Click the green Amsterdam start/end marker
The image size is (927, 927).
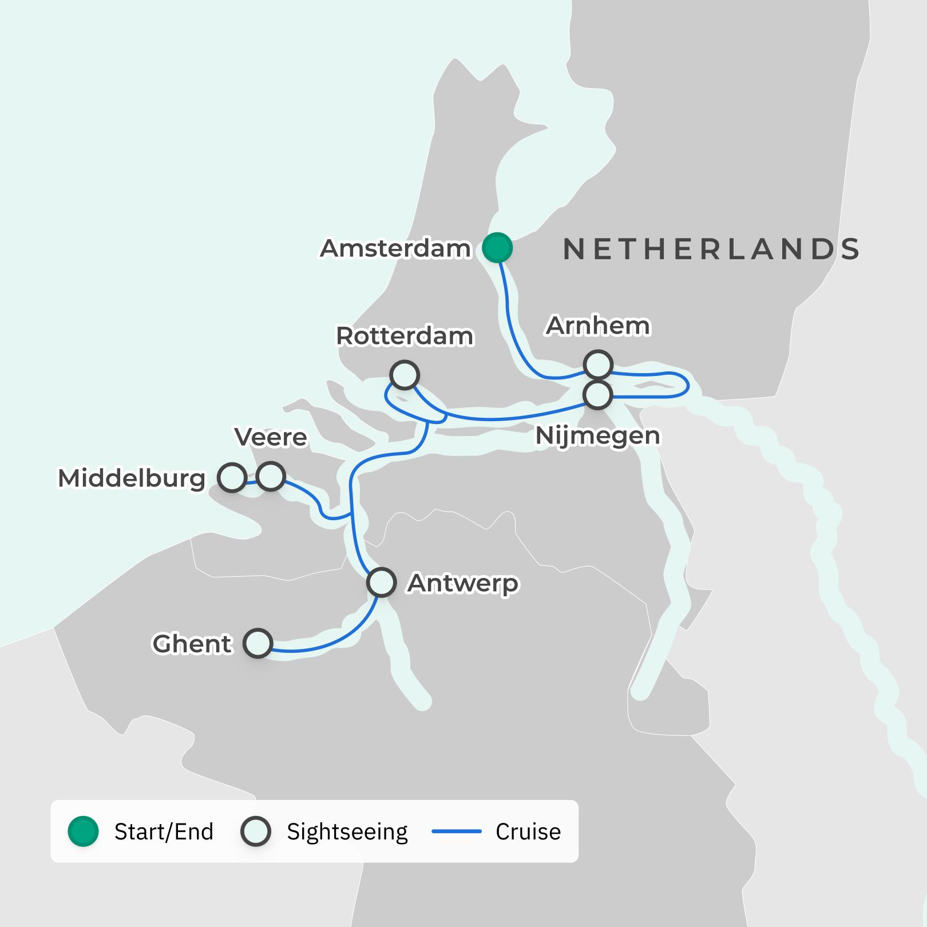point(497,248)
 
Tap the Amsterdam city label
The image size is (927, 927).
point(395,248)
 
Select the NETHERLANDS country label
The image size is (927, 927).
point(711,249)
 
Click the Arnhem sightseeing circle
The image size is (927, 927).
point(598,365)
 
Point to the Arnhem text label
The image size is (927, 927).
point(598,326)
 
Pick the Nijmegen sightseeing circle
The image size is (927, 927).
point(597,394)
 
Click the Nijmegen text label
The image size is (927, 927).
point(597,436)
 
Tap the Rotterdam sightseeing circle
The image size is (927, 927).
point(405,375)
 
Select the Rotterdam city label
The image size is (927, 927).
point(405,336)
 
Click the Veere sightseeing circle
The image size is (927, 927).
point(271,476)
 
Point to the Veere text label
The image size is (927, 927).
point(271,437)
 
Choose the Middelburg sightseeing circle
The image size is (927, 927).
point(232,477)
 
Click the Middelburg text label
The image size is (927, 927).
point(132,478)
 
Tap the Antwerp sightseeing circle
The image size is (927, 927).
point(381,583)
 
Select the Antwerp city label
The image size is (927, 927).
point(463,583)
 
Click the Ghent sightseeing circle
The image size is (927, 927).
point(257,643)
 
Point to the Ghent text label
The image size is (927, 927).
point(192,644)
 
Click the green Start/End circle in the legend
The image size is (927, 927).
point(84,831)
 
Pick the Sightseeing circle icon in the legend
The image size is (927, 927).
point(256,831)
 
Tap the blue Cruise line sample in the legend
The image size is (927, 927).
point(456,831)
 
